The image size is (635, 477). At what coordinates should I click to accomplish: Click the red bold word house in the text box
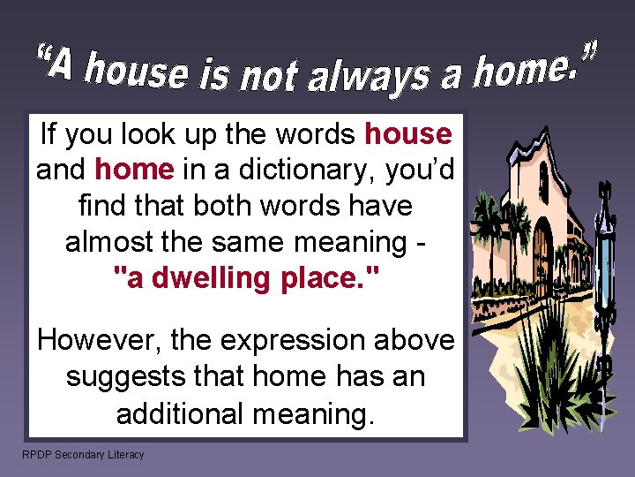pos(407,134)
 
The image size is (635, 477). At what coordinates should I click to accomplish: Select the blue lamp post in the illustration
pos(604,265)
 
